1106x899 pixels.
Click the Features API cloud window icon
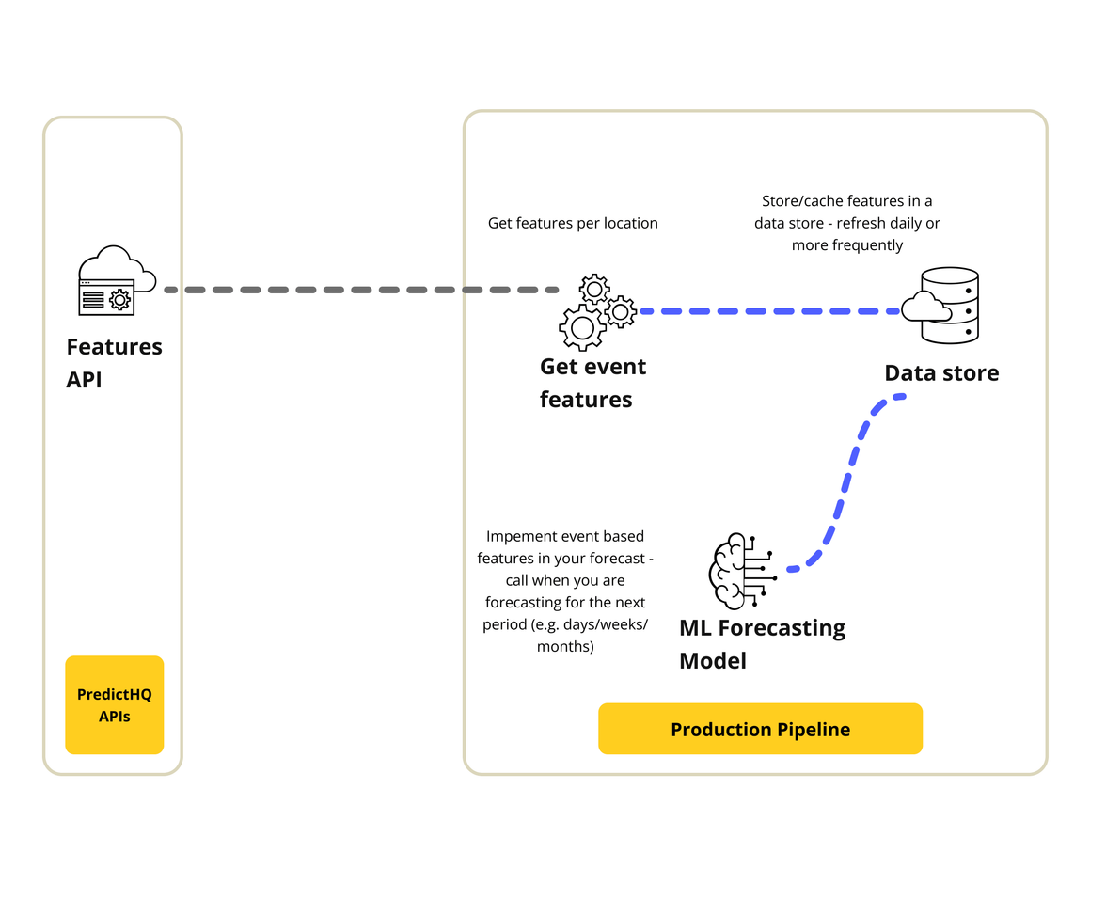tap(105, 281)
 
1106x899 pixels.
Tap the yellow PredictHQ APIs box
tap(114, 705)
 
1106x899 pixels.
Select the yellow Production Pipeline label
tap(760, 729)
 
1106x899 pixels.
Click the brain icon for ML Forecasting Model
tap(739, 572)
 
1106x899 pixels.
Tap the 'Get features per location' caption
tap(573, 223)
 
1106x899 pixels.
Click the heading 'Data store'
tap(941, 373)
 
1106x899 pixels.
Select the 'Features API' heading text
tap(114, 363)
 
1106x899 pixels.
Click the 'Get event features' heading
tap(592, 383)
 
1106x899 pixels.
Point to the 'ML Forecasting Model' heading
tap(762, 643)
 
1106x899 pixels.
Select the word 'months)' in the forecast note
tap(565, 646)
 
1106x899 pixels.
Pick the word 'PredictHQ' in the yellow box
tap(114, 695)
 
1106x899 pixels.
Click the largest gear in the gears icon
tap(582, 327)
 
